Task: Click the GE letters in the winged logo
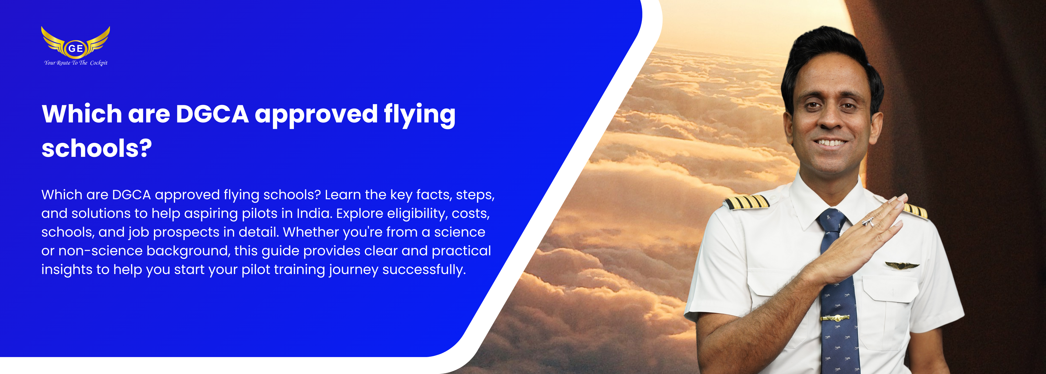click(x=75, y=48)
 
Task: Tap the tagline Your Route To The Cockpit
click(x=76, y=63)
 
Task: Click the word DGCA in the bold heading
click(x=212, y=114)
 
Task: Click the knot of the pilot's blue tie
click(x=831, y=222)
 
